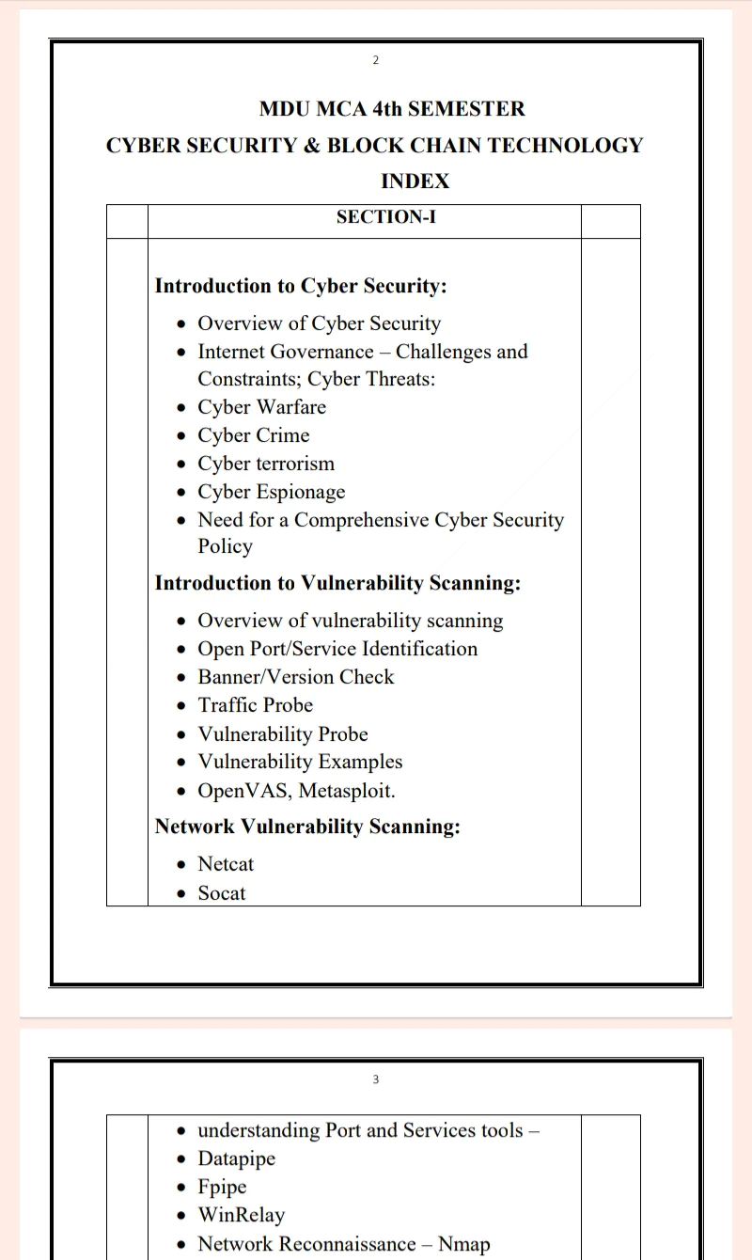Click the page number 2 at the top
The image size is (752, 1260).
[376, 60]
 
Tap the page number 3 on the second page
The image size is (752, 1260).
[376, 1079]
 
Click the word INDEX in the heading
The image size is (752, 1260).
[415, 181]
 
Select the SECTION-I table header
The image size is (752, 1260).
[385, 217]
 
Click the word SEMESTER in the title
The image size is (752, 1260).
[466, 109]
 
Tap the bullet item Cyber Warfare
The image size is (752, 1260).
[261, 407]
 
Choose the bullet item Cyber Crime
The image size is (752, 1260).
[253, 435]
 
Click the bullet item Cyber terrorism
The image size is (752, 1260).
[266, 464]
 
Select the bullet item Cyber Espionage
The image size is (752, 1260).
[271, 492]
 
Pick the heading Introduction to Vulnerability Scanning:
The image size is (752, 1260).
[337, 583]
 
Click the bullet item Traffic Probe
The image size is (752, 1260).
[255, 705]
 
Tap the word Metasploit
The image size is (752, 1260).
[347, 791]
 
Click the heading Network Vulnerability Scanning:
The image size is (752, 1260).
[307, 827]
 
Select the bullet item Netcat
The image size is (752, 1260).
[226, 864]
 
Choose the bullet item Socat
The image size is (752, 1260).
[221, 893]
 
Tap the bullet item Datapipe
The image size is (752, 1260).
[236, 1158]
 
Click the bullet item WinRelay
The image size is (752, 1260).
[241, 1215]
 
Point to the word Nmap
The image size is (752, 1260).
[463, 1244]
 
